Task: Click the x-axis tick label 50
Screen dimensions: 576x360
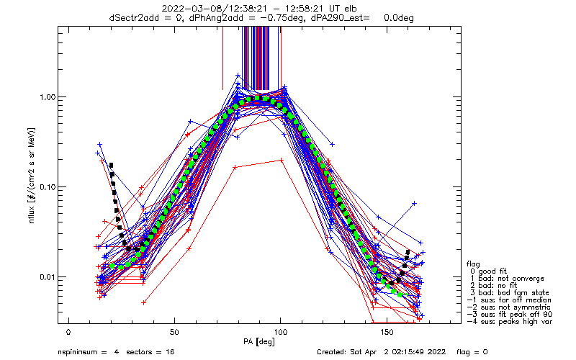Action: (174, 332)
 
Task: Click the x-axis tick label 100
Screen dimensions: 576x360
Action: (281, 332)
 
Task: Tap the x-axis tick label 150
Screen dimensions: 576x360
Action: (387, 332)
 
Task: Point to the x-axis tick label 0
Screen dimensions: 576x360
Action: (68, 332)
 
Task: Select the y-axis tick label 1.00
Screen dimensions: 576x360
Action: (48, 98)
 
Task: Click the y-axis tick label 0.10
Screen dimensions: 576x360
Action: (48, 188)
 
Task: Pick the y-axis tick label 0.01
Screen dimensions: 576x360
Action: (48, 278)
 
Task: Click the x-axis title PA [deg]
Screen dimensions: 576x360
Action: (258, 342)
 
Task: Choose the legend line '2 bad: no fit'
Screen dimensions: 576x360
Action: (493, 285)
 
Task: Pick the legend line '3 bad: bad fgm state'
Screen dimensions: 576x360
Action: (510, 293)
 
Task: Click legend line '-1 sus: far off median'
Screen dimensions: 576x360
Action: (509, 300)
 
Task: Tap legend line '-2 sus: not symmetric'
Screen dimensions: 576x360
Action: (509, 307)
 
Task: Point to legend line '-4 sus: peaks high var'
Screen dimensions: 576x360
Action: (510, 321)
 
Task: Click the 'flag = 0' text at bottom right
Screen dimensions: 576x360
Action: (472, 352)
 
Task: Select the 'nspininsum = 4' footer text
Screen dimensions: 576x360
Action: (88, 352)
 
